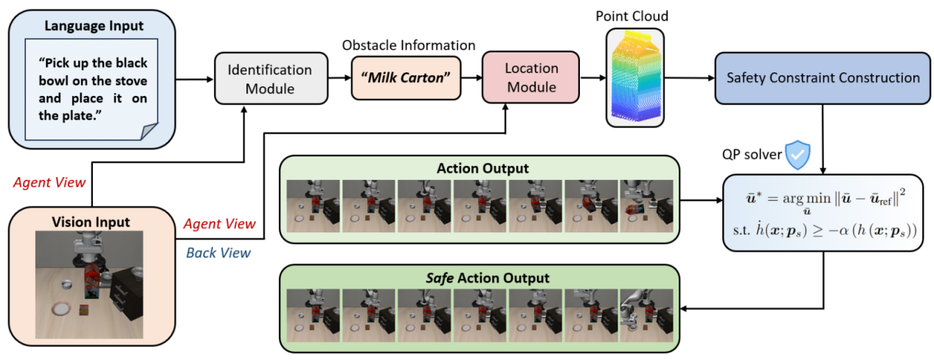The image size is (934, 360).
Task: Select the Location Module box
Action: coord(531,78)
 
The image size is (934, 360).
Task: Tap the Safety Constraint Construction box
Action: coord(823,78)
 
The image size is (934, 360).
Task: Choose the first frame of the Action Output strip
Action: coord(313,207)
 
